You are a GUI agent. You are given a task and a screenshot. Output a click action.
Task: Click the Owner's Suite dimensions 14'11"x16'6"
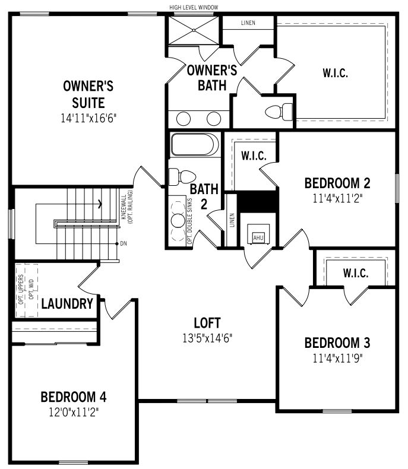point(88,118)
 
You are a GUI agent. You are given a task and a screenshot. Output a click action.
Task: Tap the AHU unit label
point(258,238)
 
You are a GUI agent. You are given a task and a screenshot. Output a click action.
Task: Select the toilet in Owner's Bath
point(279,112)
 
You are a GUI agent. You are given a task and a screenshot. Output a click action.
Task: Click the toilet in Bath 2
point(182,177)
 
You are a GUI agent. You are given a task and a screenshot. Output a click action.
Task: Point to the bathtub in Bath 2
point(195,144)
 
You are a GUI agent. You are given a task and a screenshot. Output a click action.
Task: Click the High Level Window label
point(194,7)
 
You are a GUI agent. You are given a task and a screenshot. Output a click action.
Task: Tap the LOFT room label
point(207,323)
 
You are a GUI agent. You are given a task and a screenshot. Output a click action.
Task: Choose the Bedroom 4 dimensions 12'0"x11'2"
point(74,413)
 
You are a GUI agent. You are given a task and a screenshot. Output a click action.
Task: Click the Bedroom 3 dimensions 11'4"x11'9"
point(337,358)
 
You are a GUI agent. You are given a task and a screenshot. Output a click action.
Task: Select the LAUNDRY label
point(67,304)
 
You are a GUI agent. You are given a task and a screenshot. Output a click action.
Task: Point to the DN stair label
point(124,244)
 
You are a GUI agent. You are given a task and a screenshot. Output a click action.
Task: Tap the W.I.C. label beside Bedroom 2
point(254,156)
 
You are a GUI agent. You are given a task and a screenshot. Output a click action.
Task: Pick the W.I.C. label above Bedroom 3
point(356,273)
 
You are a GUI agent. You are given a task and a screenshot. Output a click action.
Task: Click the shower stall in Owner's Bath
point(194,30)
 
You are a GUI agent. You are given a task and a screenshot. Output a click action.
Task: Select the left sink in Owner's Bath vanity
point(184,119)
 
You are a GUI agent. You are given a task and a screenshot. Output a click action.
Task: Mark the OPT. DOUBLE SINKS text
point(189,221)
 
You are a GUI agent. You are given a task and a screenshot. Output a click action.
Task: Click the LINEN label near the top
point(248,23)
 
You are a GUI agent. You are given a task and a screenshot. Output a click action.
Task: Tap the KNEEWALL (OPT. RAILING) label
point(127,207)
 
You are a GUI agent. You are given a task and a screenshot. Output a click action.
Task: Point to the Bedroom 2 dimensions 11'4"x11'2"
point(337,198)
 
